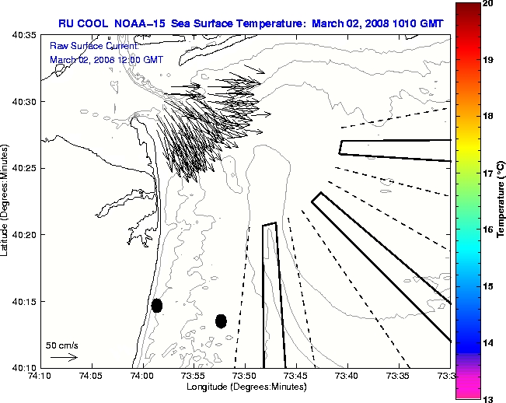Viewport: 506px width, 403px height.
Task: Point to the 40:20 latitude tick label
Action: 24,235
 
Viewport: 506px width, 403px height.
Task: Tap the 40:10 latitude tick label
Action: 24,367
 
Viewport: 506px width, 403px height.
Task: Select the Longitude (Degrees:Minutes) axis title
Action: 245,387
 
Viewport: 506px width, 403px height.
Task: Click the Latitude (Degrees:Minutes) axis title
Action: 6,200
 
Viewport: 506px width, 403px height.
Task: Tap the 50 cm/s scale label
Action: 62,345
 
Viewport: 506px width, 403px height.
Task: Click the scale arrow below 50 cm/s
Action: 63,357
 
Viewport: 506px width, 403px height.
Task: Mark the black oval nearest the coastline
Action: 157,305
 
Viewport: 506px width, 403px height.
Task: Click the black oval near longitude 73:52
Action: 221,321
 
